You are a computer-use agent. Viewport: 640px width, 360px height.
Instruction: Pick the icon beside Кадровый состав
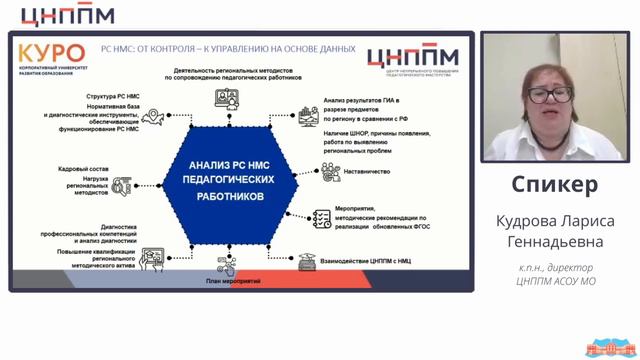tap(122, 186)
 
